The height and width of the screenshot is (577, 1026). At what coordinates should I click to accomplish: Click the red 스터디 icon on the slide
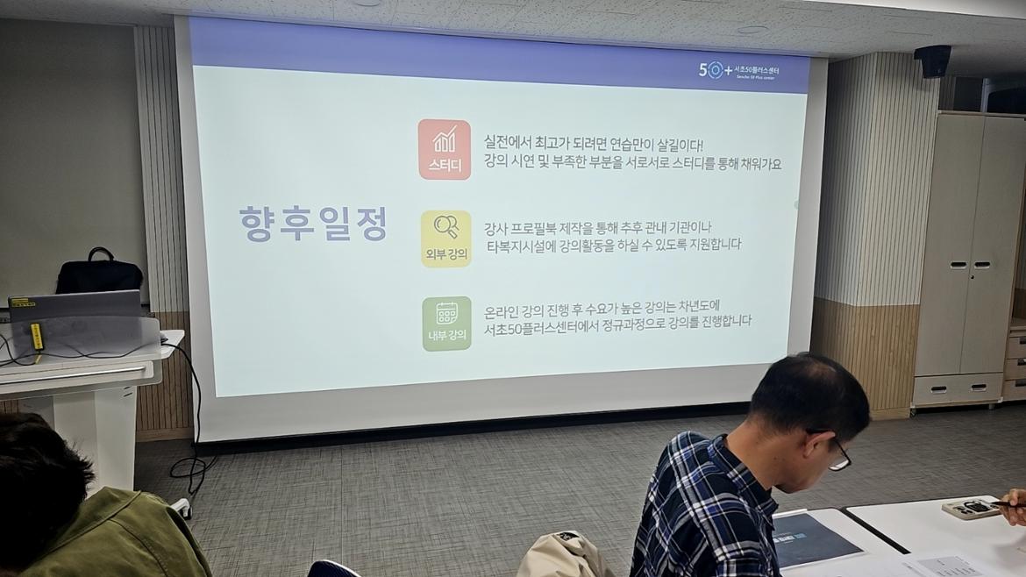(445, 149)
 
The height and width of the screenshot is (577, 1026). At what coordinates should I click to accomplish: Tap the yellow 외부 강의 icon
(445, 239)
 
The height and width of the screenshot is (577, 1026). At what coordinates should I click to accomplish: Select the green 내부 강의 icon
(446, 324)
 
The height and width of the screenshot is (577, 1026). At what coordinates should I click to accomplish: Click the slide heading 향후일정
(313, 225)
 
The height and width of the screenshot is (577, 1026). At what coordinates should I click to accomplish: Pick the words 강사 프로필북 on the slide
(529, 228)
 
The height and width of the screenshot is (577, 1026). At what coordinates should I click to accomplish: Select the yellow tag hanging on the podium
(37, 336)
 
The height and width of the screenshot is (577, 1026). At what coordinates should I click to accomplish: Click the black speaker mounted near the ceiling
(932, 61)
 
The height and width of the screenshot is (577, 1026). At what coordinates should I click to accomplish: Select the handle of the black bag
(99, 254)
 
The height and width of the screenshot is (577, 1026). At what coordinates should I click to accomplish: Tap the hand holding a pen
(1014, 506)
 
